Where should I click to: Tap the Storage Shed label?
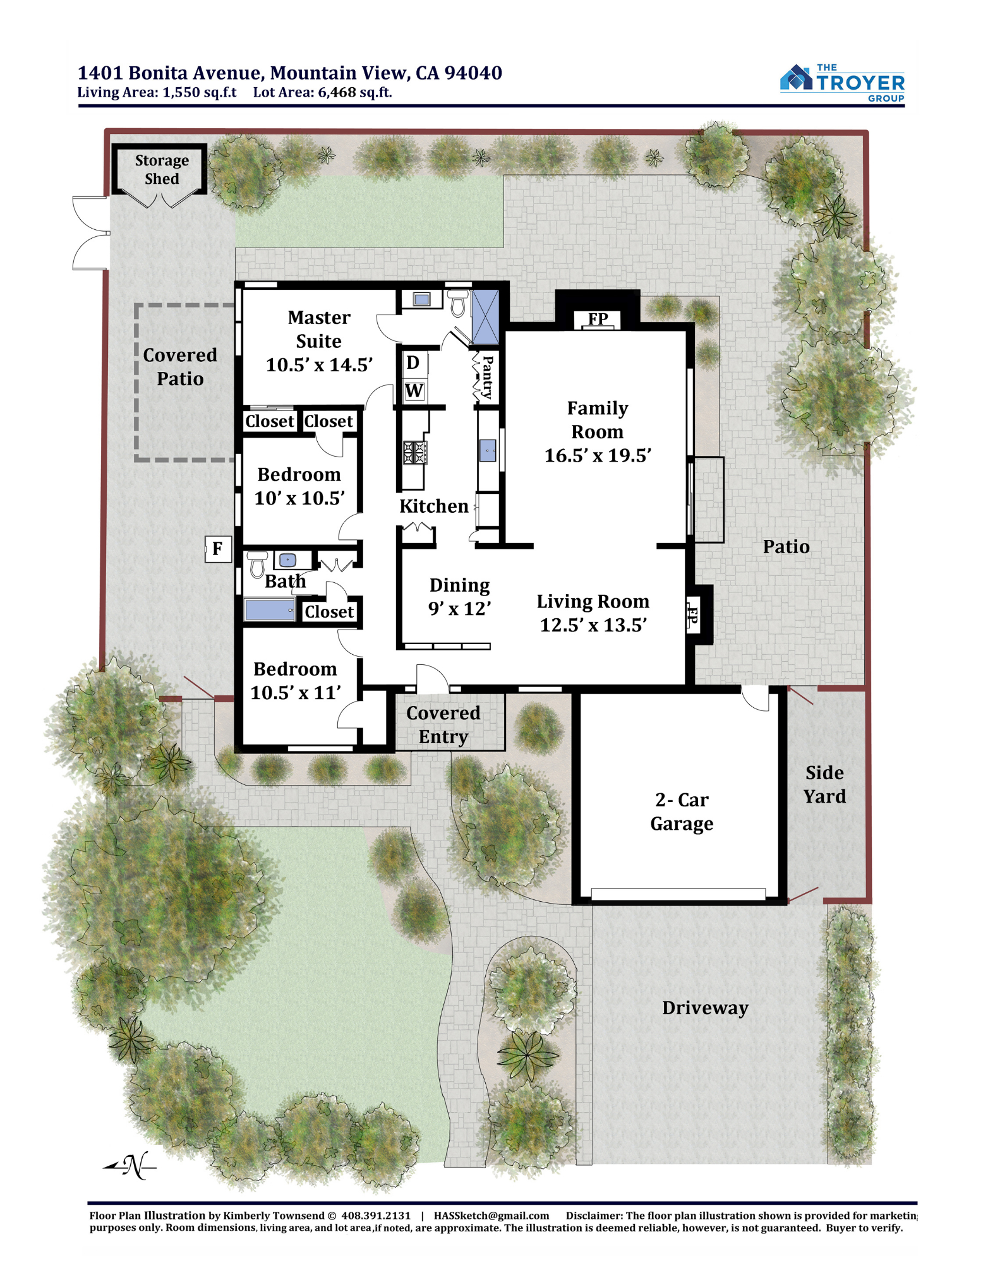[x=162, y=169]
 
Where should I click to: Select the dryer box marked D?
[x=413, y=363]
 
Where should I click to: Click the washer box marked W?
[x=414, y=391]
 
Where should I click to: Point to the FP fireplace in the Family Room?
[x=598, y=320]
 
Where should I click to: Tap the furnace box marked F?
[x=218, y=549]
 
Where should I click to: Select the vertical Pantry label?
[x=488, y=377]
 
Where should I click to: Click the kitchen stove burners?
[x=415, y=453]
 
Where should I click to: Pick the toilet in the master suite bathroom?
[x=458, y=303]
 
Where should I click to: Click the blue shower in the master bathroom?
[x=486, y=317]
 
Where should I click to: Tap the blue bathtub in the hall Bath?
[x=270, y=610]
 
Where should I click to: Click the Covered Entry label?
[x=443, y=725]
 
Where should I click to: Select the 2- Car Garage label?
[x=682, y=811]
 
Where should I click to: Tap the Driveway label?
[x=705, y=1009]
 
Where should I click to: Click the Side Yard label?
[x=824, y=784]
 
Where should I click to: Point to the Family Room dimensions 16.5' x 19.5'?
[x=598, y=455]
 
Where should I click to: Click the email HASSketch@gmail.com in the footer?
[x=491, y=1216]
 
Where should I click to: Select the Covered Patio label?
[x=180, y=367]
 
